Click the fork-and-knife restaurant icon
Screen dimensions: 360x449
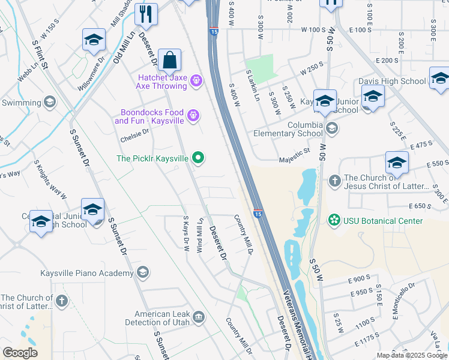[145, 14]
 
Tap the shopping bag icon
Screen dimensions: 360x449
[170, 60]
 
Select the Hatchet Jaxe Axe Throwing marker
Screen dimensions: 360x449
[196, 80]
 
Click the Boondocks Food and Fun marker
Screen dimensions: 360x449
[193, 114]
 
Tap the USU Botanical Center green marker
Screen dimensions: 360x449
[334, 221]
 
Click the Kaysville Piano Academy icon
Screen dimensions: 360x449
[142, 273]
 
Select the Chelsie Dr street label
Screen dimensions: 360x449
[134, 136]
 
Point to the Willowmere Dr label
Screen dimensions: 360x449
[91, 73]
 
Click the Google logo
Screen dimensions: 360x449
[19, 353]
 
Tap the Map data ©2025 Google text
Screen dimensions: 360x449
[412, 356]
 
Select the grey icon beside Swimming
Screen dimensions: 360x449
[49, 102]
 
